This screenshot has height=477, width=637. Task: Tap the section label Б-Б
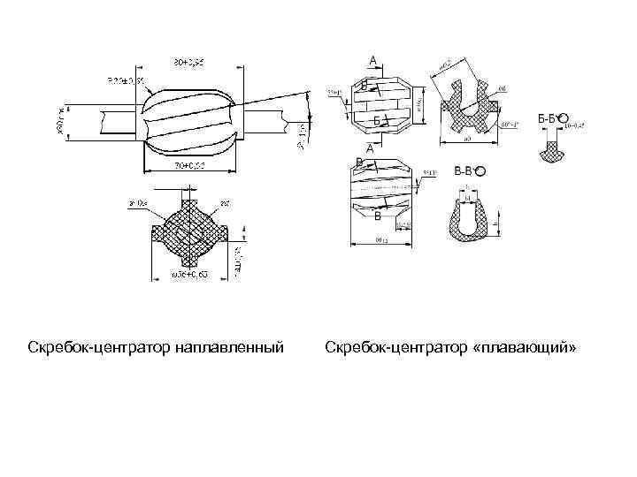pyautogui.click(x=547, y=118)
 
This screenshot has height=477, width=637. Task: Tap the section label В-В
pyautogui.click(x=464, y=170)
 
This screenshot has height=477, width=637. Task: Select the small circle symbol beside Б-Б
pyautogui.click(x=564, y=118)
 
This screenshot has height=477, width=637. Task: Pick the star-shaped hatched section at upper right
pyautogui.click(x=469, y=106)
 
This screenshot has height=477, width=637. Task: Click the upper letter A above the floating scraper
pyautogui.click(x=373, y=60)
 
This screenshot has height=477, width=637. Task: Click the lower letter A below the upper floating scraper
pyautogui.click(x=370, y=148)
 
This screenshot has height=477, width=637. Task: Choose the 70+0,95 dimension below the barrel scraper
pyautogui.click(x=188, y=165)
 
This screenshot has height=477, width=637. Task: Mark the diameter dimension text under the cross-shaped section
pyautogui.click(x=189, y=276)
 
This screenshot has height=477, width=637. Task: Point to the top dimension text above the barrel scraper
pyautogui.click(x=189, y=61)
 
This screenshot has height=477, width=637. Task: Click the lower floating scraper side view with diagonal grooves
pyautogui.click(x=382, y=193)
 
